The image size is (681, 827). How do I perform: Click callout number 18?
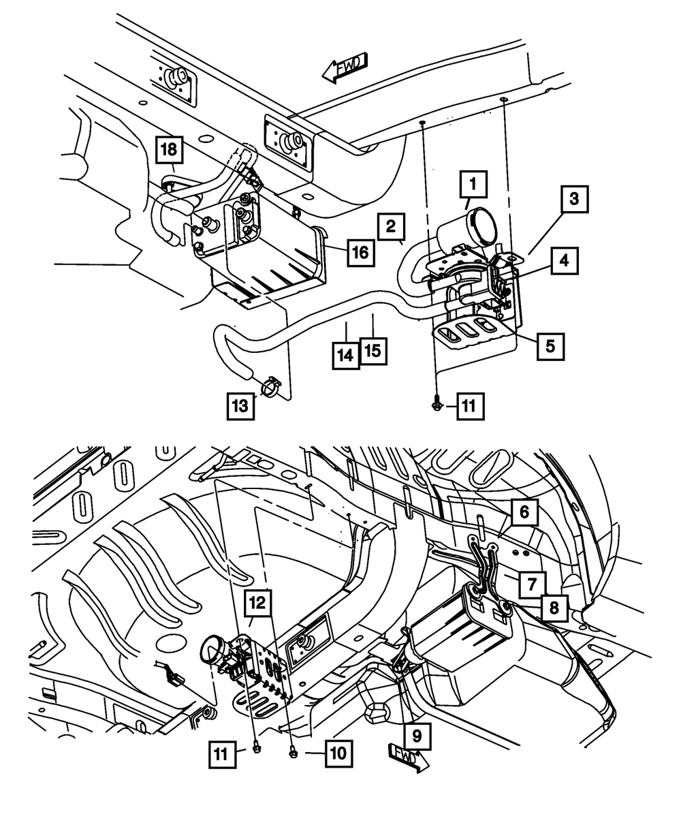click(x=170, y=150)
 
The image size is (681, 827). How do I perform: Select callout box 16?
click(x=361, y=252)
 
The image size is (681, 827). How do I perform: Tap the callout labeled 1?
click(x=473, y=184)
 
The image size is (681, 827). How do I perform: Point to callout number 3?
click(x=575, y=199)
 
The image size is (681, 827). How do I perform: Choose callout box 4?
click(x=564, y=261)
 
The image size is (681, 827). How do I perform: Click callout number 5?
click(x=550, y=347)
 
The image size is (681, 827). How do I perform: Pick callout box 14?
click(x=346, y=356)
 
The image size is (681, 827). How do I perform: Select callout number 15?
click(x=373, y=351)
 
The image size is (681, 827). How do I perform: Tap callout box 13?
click(x=240, y=406)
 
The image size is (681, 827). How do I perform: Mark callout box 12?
click(x=257, y=603)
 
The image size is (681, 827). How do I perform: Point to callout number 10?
click(x=338, y=753)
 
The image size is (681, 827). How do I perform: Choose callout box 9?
click(x=417, y=736)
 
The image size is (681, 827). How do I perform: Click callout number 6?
click(x=524, y=512)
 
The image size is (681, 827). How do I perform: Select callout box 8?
click(x=554, y=608)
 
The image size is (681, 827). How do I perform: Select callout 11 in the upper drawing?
click(x=470, y=406)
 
